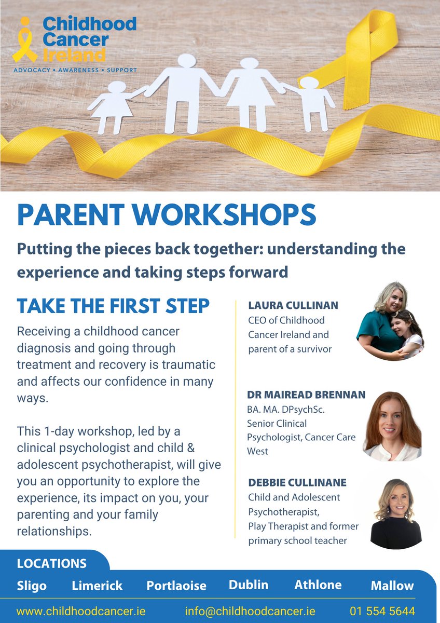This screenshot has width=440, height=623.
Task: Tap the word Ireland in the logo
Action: coord(74,55)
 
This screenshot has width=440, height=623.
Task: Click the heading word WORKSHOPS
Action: coord(224,215)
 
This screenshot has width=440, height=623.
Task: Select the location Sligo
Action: coord(32,586)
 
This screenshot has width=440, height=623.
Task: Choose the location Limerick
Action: coord(97,586)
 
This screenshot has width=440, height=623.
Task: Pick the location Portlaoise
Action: coord(176,586)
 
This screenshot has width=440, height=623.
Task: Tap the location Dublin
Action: coord(249,585)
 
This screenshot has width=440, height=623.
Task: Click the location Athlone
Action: coord(318,585)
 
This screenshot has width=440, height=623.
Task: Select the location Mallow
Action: coord(392,586)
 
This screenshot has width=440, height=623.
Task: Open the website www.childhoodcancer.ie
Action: coord(81,611)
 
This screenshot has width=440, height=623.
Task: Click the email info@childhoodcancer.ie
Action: coord(250,611)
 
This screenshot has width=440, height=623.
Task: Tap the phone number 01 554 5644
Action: coord(382,611)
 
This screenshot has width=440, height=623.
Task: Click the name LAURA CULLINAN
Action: coord(293,305)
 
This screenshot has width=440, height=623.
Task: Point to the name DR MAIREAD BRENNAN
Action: coord(306,395)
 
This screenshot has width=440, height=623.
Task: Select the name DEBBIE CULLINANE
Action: coord(297,482)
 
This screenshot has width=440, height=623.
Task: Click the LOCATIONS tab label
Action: coord(52,564)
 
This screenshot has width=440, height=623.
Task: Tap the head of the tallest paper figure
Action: coord(187,60)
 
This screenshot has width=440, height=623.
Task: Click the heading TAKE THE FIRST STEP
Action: coord(113,306)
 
